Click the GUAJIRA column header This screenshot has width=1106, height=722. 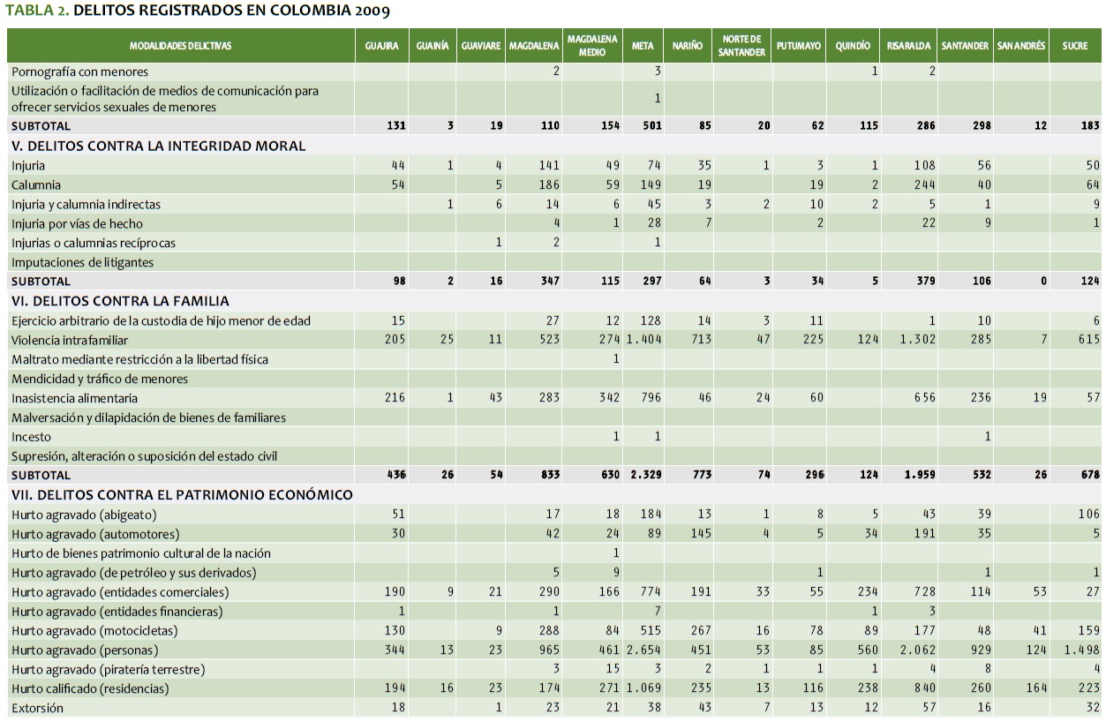381,46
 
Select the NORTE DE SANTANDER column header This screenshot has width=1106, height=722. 741,46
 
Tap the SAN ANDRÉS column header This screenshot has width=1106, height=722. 1020,46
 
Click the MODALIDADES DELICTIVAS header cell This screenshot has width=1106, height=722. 180,46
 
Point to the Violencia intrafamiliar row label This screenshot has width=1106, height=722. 70,341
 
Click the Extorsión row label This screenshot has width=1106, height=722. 38,708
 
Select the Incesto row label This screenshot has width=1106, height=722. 32,437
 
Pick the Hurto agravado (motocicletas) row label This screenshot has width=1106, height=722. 95,630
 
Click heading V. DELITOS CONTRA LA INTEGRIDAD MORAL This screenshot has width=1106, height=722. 159,146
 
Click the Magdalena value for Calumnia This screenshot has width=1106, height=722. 548,184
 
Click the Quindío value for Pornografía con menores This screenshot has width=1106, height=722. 874,71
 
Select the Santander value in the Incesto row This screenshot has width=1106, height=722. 987,437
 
